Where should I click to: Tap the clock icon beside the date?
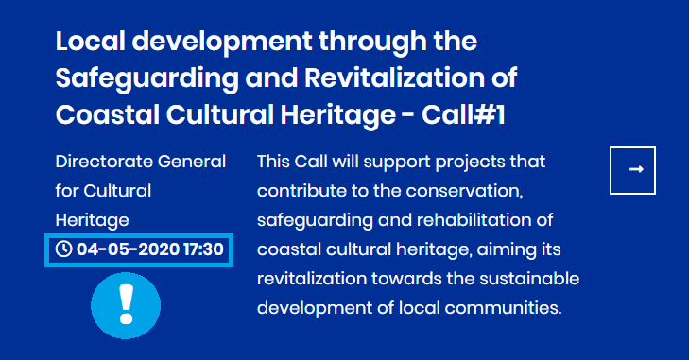tap(64, 249)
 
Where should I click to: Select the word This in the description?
tap(276, 162)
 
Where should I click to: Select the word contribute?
tap(295, 191)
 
